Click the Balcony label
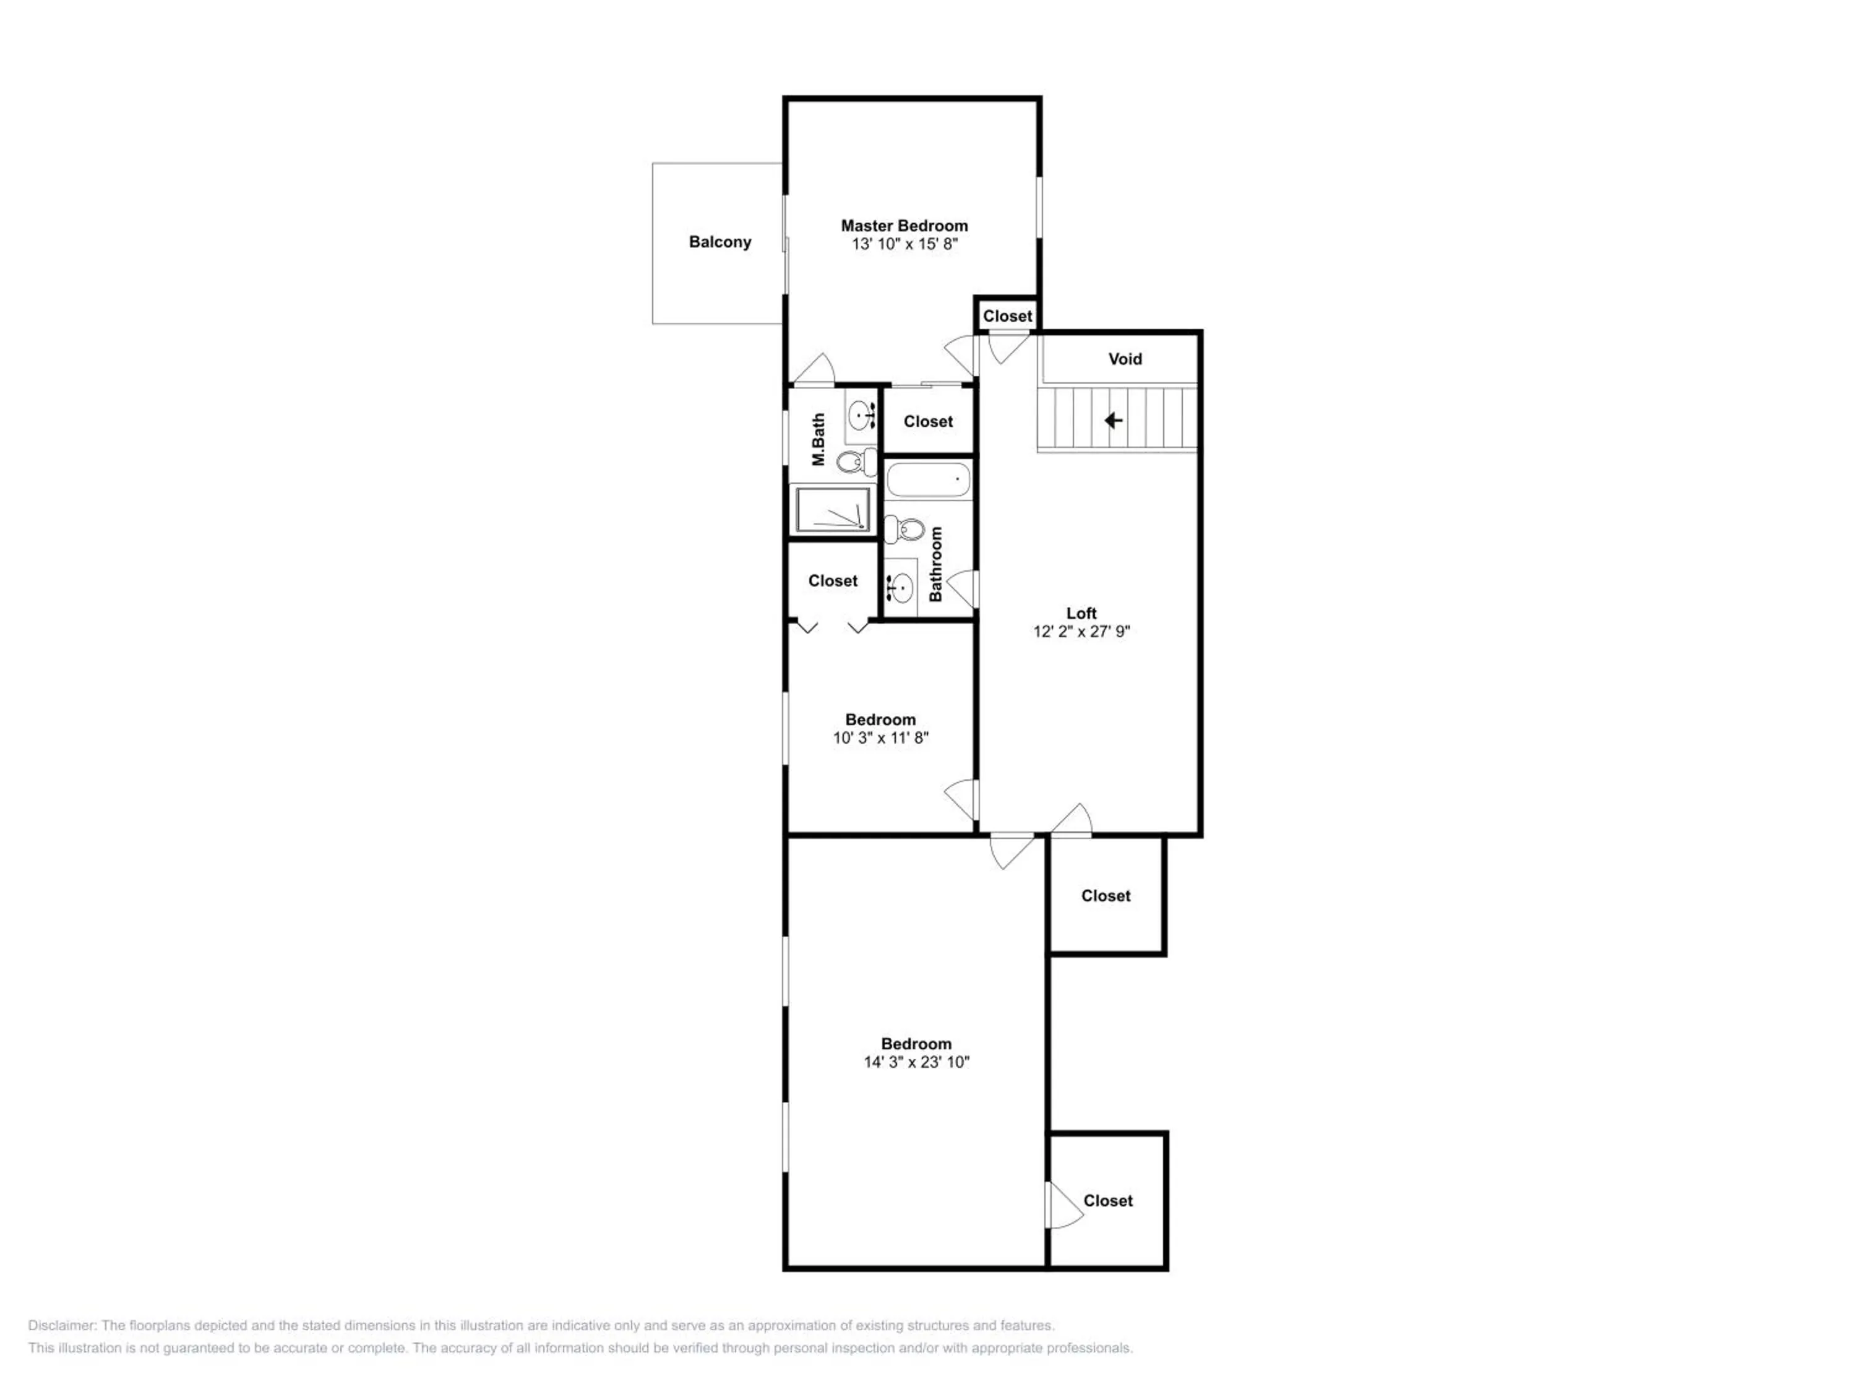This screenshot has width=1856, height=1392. pos(720,243)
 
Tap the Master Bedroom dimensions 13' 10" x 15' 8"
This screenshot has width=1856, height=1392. pos(904,244)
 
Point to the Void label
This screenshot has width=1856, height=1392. pos(1125,359)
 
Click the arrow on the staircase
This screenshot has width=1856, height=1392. pos(1114,419)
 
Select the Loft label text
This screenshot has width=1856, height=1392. pos(1081,613)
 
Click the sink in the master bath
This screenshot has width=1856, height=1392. pos(860,415)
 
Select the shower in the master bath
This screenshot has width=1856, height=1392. pos(832,509)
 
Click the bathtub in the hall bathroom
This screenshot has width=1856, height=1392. pos(928,481)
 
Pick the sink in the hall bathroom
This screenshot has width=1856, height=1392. pos(901,586)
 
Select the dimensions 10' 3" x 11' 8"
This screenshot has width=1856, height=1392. pos(881,738)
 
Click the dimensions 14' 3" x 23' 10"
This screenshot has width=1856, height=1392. pos(916,1062)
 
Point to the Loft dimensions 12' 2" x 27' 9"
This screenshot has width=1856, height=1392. pos(1081,632)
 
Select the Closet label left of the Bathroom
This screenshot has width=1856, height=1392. pos(832,581)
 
